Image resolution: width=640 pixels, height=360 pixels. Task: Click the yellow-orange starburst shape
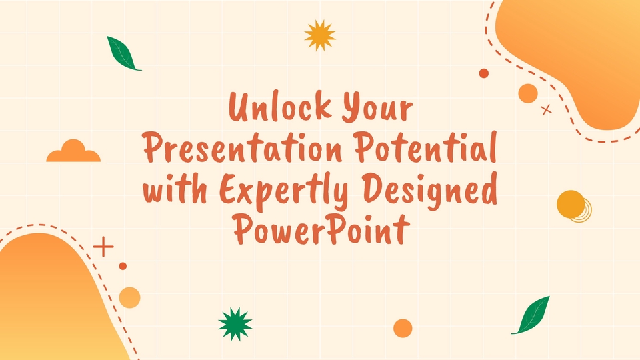point(319,35)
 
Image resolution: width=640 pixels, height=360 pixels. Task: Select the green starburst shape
point(235,324)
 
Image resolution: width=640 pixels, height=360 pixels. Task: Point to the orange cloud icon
point(73,152)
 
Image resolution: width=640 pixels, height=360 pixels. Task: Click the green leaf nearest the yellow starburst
point(123,53)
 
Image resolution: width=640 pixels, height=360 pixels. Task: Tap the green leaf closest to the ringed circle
point(532,315)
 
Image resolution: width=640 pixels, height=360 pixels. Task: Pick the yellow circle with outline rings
point(571,205)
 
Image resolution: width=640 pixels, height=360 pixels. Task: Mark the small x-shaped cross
point(547,110)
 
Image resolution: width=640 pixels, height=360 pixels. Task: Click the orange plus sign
point(103,246)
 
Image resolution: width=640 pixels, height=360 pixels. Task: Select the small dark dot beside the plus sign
point(123,266)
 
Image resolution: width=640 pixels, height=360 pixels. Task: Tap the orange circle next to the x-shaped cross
point(528,93)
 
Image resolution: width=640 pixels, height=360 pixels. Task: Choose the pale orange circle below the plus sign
point(129,297)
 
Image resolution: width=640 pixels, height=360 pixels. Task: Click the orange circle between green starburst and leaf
point(403,328)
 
